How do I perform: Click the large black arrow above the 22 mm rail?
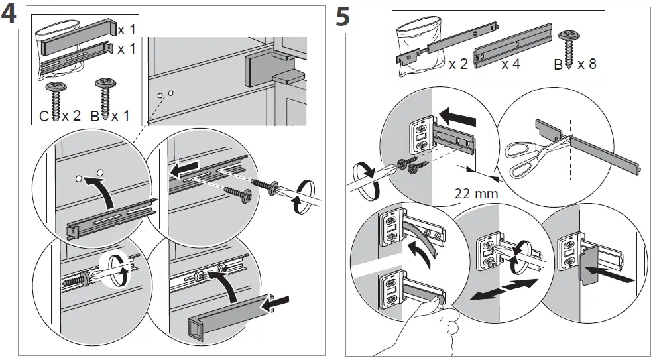point(457,118)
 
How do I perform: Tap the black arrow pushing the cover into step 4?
point(277,304)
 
